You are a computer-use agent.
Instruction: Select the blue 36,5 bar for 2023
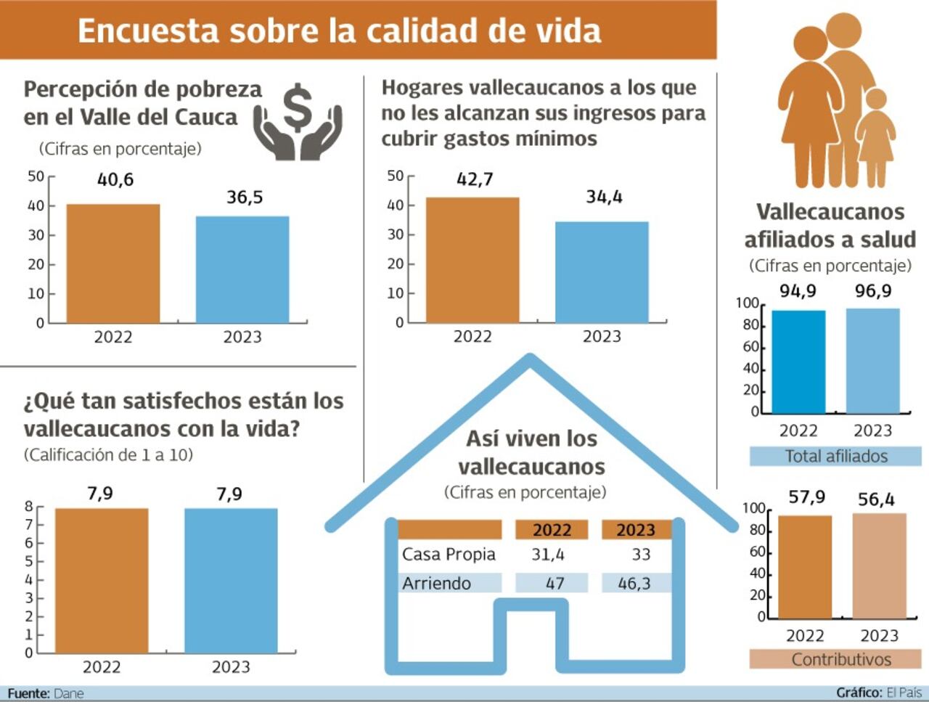[242, 269]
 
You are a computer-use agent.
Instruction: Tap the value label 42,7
[475, 179]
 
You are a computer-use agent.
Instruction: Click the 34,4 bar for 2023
[602, 272]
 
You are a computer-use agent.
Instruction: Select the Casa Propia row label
[449, 555]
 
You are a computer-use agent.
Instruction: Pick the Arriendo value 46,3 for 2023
[634, 583]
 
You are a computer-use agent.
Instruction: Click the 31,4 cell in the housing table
[548, 555]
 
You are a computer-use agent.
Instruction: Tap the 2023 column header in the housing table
[636, 530]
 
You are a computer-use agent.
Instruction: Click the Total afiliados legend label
[835, 456]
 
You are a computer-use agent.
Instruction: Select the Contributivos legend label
[840, 659]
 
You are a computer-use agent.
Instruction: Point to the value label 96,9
[873, 291]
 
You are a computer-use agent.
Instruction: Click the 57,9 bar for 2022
[805, 566]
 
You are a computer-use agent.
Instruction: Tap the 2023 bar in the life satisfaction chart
[231, 580]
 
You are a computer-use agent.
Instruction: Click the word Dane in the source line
[69, 693]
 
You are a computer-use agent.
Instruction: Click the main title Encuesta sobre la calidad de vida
[340, 31]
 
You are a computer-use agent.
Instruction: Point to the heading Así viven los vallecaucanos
[531, 452]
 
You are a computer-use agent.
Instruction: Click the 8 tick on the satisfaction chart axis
[29, 507]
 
